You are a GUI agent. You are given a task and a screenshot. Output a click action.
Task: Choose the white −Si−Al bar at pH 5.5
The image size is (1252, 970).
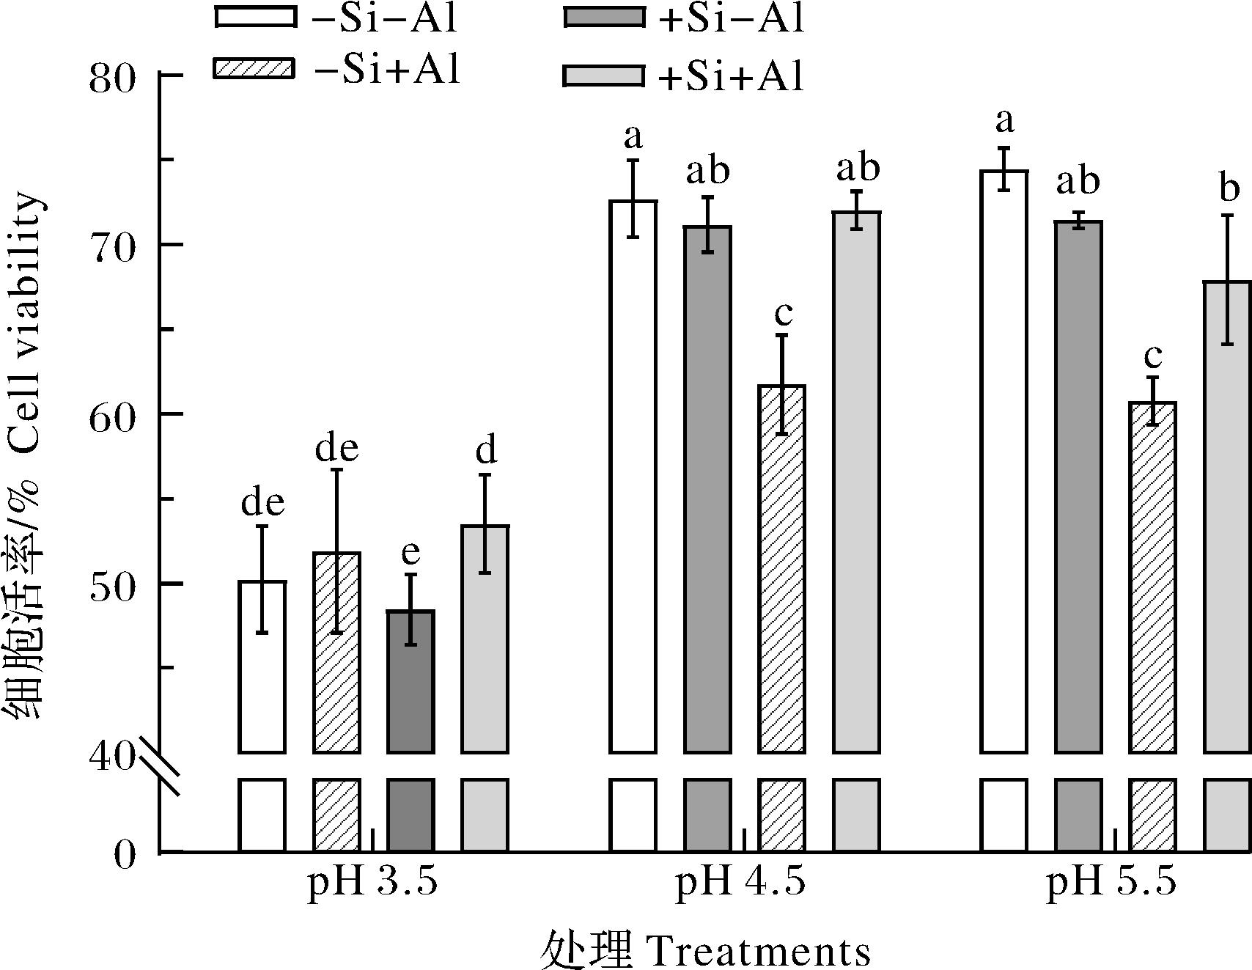(x=1004, y=461)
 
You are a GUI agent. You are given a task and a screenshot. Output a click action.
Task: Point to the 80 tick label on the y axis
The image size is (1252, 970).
(x=112, y=76)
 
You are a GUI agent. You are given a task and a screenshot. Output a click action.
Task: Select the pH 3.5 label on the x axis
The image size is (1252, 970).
(x=372, y=882)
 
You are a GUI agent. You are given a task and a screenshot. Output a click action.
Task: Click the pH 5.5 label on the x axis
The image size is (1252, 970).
(x=1111, y=882)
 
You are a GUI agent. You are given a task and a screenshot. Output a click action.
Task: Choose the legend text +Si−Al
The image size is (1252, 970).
(x=730, y=18)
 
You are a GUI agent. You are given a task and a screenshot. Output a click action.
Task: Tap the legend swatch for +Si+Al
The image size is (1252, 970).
(x=603, y=76)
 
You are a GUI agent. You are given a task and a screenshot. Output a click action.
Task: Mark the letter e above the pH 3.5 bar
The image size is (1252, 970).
(x=410, y=554)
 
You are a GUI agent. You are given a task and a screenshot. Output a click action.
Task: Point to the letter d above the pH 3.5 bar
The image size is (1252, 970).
(x=486, y=451)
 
